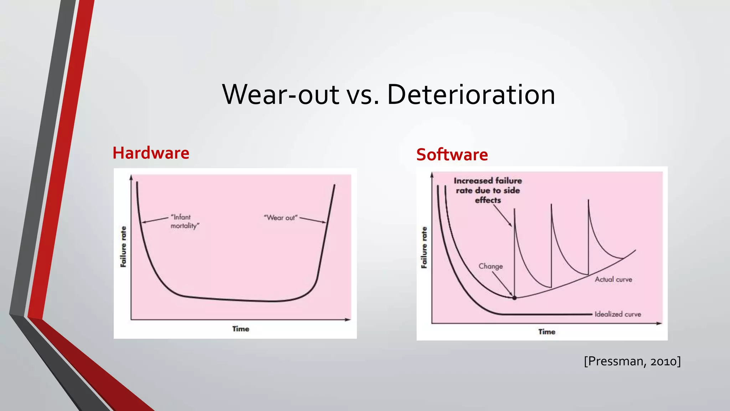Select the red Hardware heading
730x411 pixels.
coord(151,153)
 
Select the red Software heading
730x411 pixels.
coord(452,154)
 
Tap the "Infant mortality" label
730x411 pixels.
coord(185,221)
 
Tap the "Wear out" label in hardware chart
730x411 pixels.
coord(281,218)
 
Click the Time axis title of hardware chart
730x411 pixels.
coord(241,329)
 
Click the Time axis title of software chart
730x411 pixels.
coord(547,332)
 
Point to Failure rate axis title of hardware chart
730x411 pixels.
coord(123,247)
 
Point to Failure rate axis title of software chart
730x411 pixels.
coord(424,247)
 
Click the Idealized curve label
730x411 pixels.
coord(618,314)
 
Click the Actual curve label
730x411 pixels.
coord(613,279)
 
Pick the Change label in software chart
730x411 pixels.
coord(490,266)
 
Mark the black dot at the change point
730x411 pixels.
coord(514,298)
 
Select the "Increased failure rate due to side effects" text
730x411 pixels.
coord(488,190)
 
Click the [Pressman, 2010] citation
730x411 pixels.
coord(632,361)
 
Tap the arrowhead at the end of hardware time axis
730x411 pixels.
coord(348,320)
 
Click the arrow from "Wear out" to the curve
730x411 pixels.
coord(313,220)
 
